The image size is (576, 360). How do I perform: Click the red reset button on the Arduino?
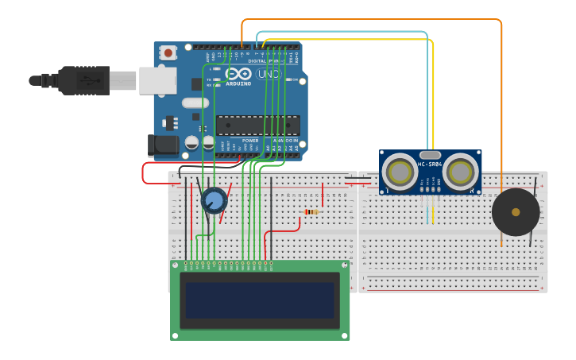[168, 52]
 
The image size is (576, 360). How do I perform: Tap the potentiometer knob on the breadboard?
[213, 200]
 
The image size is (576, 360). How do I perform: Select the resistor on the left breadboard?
[311, 211]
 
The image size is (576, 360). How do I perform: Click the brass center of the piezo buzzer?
[516, 212]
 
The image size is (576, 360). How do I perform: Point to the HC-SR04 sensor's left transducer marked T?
[400, 172]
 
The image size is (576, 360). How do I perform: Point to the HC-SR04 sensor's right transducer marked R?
[460, 172]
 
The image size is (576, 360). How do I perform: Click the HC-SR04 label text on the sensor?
[430, 165]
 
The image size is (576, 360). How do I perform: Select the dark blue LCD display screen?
[260, 300]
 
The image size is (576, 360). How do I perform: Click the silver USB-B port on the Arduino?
[158, 80]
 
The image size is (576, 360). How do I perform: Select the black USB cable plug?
[83, 80]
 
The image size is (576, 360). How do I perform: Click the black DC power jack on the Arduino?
[163, 145]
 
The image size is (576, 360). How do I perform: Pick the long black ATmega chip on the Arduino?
[257, 126]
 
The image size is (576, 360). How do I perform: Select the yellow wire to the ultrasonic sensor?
[433, 95]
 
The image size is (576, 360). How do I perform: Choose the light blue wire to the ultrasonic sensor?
[427, 87]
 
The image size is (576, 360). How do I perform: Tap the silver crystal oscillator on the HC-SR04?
[430, 155]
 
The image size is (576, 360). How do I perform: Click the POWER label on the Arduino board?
[250, 141]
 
